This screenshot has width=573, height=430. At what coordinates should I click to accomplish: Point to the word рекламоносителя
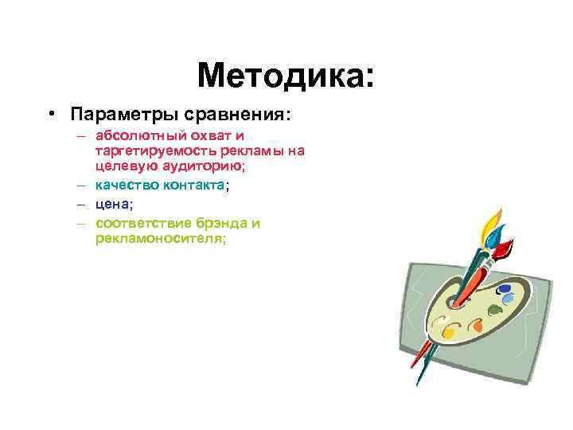coord(159,236)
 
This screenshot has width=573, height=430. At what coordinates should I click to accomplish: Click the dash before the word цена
coord(81,203)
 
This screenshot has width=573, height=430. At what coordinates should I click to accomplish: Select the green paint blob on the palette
coord(493,310)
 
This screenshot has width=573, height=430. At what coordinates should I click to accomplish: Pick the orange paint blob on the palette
coord(477,324)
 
